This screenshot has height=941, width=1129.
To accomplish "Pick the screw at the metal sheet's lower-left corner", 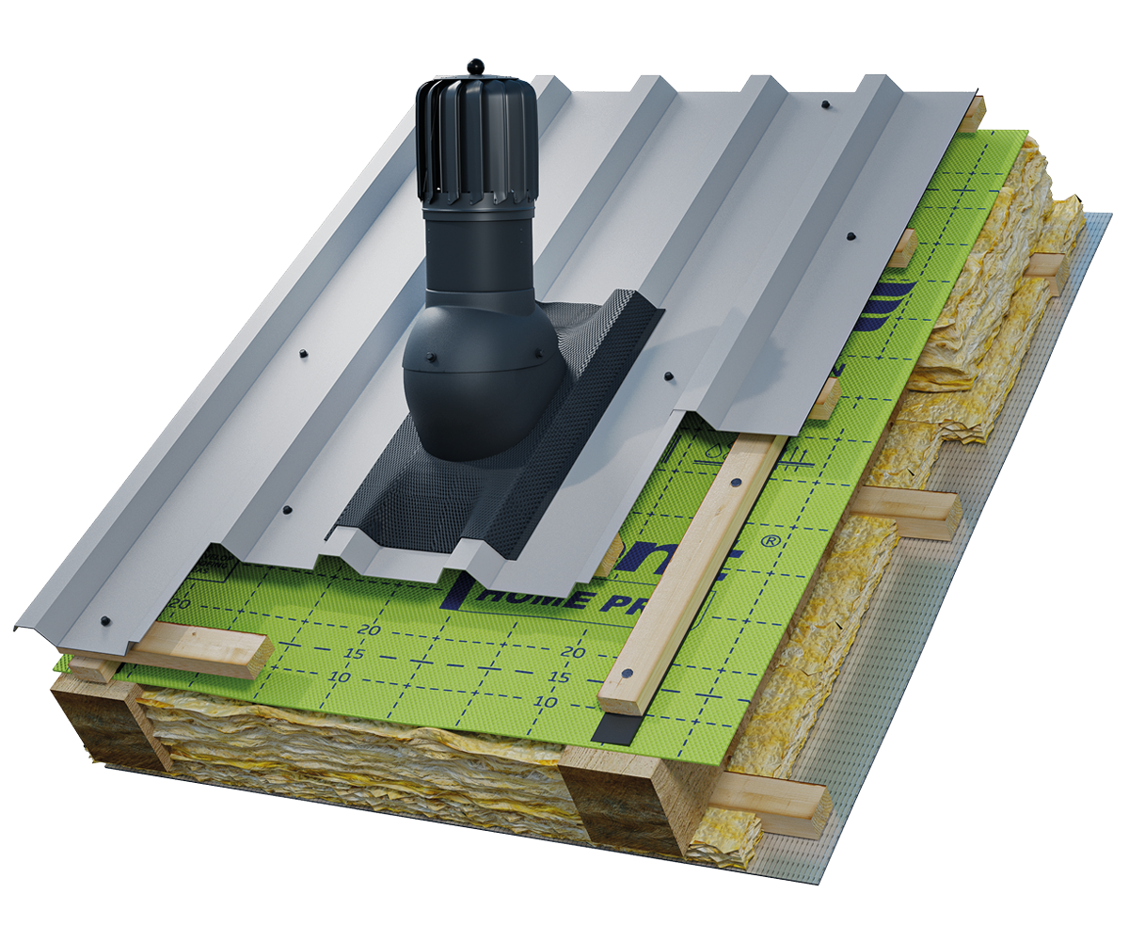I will [x=103, y=621].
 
